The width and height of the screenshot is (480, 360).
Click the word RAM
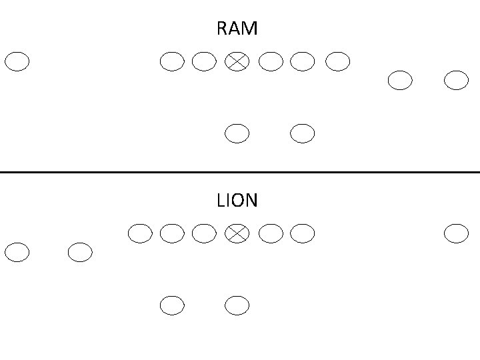(237, 29)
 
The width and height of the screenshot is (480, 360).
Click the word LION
(237, 201)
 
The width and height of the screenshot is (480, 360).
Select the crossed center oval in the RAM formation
(237, 62)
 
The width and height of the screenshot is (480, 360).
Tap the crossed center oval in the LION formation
(237, 233)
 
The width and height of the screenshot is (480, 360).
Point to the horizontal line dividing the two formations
(240, 172)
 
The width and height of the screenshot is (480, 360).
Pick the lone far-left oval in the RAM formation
(17, 62)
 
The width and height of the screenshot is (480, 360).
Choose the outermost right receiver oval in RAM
(457, 81)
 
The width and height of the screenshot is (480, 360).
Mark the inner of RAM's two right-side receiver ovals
(400, 81)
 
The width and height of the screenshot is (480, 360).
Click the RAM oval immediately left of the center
(204, 62)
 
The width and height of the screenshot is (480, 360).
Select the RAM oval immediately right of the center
(270, 62)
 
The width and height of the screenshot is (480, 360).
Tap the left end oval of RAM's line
(172, 62)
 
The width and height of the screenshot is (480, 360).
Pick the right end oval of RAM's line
(337, 62)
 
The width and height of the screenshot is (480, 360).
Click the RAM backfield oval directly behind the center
(237, 134)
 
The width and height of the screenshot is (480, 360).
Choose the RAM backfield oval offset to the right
(303, 134)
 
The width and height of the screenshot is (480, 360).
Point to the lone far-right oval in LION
(457, 233)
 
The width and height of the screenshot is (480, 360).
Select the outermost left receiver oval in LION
(17, 253)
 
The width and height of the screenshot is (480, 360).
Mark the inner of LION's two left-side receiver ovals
(80, 253)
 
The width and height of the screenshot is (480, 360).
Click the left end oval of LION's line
(139, 233)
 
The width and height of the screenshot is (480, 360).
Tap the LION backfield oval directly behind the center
(237, 305)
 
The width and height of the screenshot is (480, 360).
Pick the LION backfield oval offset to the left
(172, 305)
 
